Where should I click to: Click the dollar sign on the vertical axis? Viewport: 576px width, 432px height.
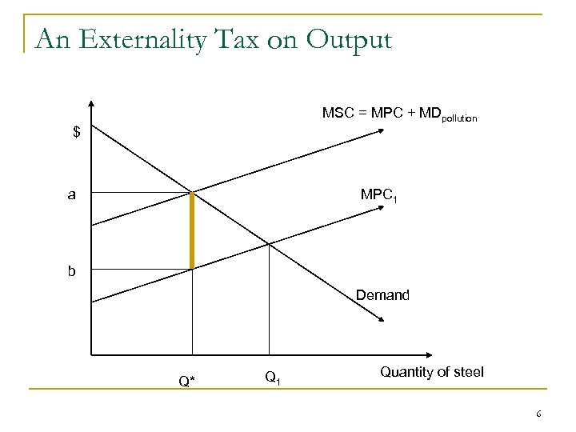(x=77, y=132)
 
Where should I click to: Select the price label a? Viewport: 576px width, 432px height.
(x=73, y=194)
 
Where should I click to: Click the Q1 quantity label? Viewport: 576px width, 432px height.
(x=271, y=376)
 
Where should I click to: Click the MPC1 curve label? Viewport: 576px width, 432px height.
(x=378, y=195)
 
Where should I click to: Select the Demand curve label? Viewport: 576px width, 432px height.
(x=382, y=296)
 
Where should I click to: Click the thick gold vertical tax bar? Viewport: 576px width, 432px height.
(x=192, y=230)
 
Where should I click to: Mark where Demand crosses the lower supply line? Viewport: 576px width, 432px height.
(x=270, y=245)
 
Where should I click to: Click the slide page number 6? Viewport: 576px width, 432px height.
(x=539, y=414)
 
